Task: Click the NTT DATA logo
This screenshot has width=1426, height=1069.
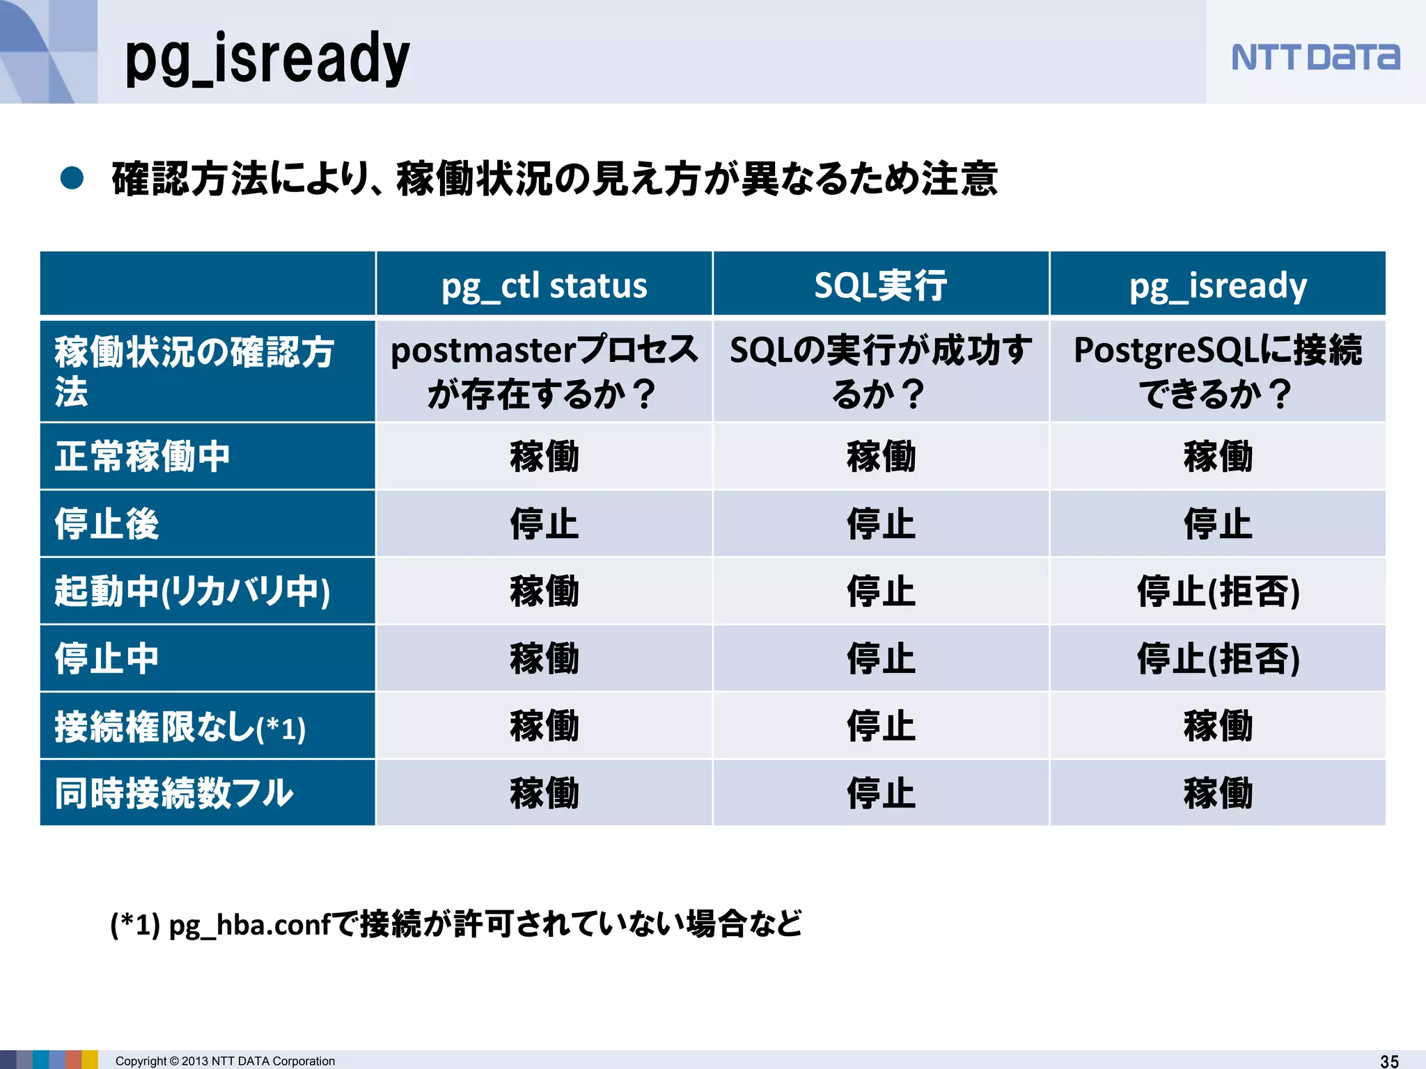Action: (x=1315, y=57)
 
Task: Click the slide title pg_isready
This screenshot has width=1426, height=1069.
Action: (x=267, y=58)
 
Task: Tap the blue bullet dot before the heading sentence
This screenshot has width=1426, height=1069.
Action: (x=72, y=178)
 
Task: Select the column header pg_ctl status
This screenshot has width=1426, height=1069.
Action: (x=544, y=285)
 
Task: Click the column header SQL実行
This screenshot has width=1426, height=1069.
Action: (x=881, y=285)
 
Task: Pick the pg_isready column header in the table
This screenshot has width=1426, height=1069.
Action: (x=1218, y=285)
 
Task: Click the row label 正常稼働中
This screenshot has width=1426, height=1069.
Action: (x=143, y=457)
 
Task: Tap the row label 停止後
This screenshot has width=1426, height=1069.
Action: (x=107, y=524)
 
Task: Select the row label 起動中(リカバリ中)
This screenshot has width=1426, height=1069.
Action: (x=192, y=592)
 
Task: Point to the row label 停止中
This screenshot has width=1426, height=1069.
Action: (x=107, y=658)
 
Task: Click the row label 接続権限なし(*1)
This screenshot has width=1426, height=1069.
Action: (x=180, y=727)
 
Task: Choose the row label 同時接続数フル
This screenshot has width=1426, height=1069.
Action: (x=174, y=793)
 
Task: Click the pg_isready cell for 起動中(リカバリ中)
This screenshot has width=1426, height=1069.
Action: (x=1218, y=592)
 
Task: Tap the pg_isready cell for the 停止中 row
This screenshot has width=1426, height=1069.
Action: (x=1218, y=658)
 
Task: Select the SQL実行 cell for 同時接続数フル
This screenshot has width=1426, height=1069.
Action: (x=881, y=793)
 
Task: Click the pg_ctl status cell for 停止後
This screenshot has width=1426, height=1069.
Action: (x=544, y=524)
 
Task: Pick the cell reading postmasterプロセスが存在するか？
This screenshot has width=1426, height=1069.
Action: (x=544, y=372)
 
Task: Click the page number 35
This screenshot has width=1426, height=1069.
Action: (x=1389, y=1061)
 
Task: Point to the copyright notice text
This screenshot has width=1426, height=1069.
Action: (x=225, y=1061)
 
